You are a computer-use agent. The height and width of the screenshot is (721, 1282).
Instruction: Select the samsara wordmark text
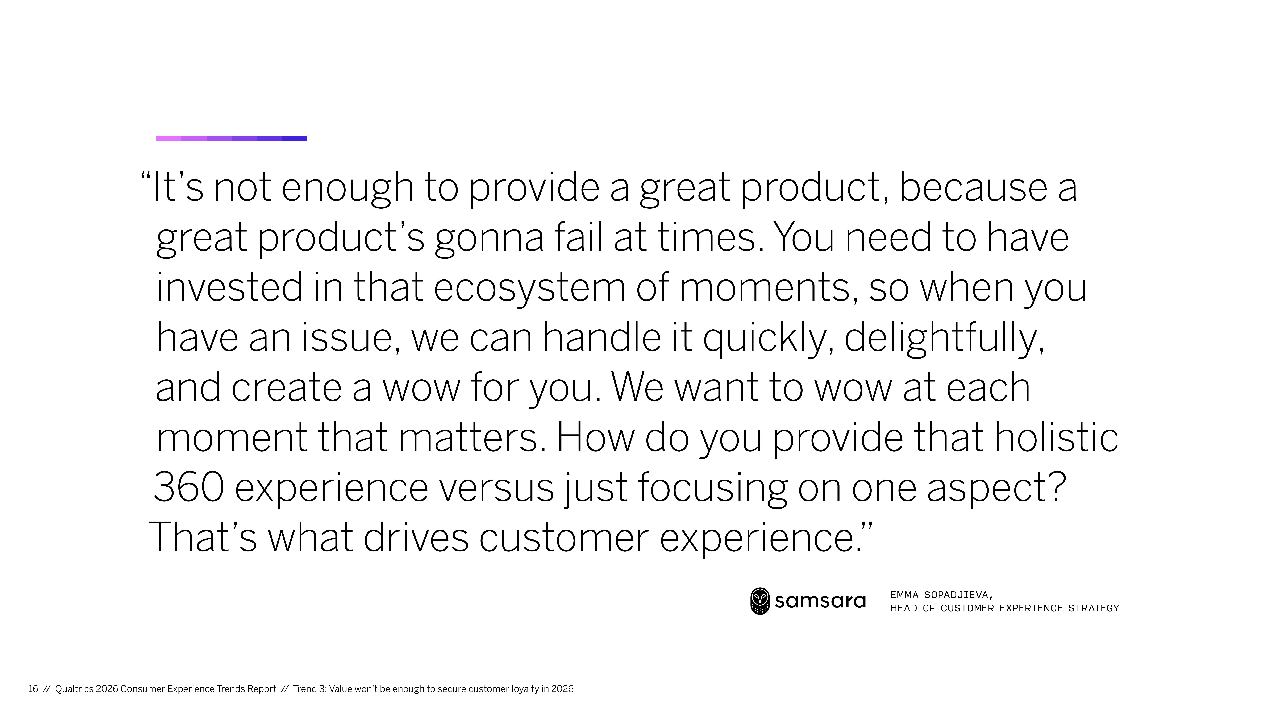[820, 601]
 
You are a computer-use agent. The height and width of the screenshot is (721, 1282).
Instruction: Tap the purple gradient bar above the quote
[231, 138]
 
